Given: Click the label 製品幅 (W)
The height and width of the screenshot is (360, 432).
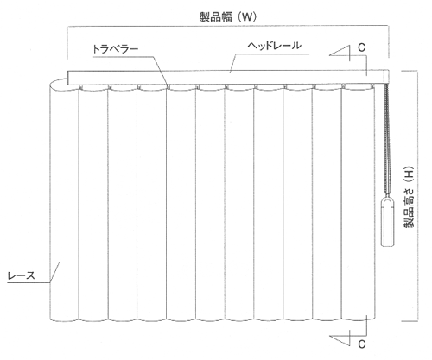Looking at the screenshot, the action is (228, 17).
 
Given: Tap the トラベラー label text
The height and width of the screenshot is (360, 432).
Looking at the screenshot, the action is (115, 49).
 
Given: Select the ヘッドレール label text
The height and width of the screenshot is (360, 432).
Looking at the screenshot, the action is (275, 46).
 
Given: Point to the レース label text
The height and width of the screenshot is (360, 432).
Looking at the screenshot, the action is (21, 275).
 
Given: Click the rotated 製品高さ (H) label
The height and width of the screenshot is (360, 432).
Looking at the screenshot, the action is (409, 198).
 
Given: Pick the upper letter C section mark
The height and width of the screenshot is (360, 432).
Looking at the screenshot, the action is (362, 47).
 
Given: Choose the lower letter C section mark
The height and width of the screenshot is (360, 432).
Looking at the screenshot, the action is (362, 344).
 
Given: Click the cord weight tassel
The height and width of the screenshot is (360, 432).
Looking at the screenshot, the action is (387, 222).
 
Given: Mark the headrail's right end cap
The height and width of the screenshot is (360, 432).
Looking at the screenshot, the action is (387, 77).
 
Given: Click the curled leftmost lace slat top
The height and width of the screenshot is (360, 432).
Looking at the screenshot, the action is (59, 85).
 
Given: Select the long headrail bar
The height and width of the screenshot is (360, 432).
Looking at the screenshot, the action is (228, 78).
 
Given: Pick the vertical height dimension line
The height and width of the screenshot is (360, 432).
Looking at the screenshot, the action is (417, 196).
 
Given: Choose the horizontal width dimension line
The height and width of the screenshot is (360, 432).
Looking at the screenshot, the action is (228, 27).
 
